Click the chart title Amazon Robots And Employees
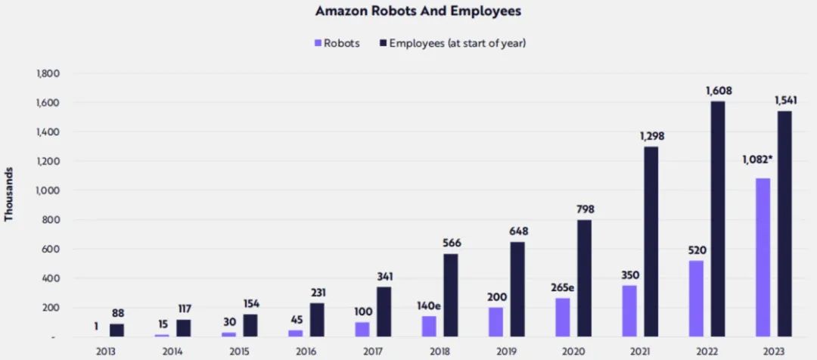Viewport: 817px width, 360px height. click(408, 12)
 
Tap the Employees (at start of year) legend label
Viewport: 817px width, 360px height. click(457, 43)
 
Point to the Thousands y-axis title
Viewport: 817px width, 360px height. click(9, 194)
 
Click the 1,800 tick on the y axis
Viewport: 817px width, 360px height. click(48, 73)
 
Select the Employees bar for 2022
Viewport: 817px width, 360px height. click(716, 219)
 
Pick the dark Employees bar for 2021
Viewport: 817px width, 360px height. click(650, 241)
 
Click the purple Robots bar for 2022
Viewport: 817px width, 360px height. click(696, 298)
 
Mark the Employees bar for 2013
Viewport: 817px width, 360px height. click(117, 330)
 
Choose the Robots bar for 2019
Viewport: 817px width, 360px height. click(495, 321)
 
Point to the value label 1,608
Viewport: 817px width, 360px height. click(719, 91)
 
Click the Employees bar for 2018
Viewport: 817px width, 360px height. click(450, 295)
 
